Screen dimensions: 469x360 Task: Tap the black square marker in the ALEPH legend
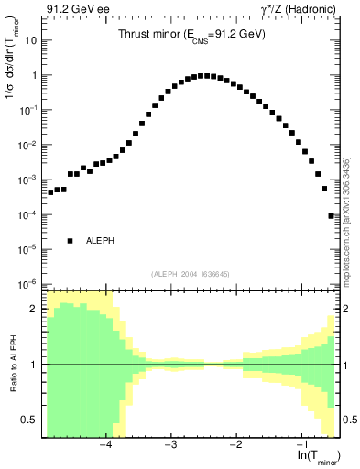(x=70, y=241)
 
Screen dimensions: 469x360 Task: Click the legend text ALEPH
(x=99, y=241)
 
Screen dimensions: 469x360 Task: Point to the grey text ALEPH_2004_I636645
(x=191, y=273)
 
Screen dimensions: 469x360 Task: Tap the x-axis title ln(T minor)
(x=313, y=455)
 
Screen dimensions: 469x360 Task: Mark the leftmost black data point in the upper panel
(x=51, y=192)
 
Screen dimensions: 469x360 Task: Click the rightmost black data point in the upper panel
(x=332, y=216)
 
